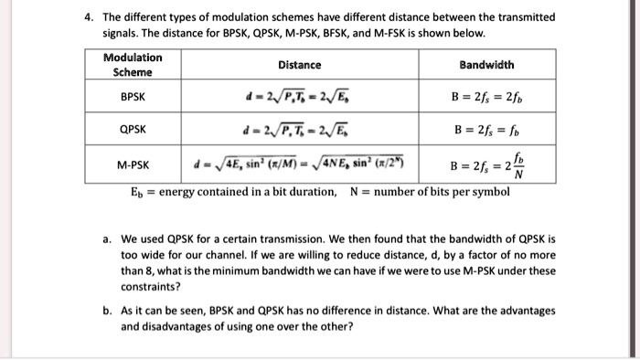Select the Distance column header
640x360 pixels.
301,65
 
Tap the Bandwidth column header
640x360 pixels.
486,65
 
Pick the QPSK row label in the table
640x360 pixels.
133,130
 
